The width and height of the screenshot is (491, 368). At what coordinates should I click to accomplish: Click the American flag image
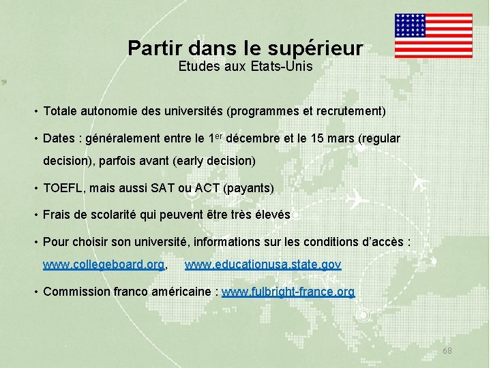pyautogui.click(x=433, y=35)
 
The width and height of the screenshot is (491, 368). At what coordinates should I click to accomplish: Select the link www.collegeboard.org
pyautogui.click(x=104, y=264)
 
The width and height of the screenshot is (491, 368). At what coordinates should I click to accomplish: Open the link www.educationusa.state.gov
pyautogui.click(x=263, y=264)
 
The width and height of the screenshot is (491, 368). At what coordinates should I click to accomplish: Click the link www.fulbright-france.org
pyautogui.click(x=288, y=292)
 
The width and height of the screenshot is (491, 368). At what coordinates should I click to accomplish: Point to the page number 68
pyautogui.click(x=447, y=350)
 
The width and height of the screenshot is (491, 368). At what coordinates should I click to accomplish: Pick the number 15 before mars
pyautogui.click(x=318, y=139)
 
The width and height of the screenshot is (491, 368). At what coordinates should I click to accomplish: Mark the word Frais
pyautogui.click(x=58, y=215)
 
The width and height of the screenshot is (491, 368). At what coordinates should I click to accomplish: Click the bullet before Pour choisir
pyautogui.click(x=35, y=242)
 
